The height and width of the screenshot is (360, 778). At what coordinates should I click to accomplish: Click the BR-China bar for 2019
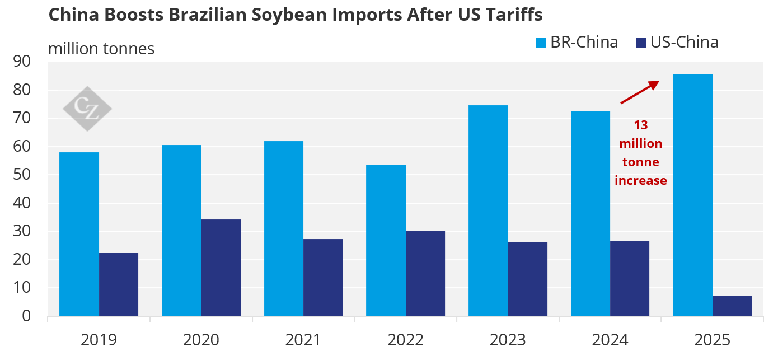coord(79,234)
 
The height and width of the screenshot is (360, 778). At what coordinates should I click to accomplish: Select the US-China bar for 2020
coord(221,268)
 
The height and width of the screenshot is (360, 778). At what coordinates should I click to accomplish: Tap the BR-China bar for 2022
coord(386,240)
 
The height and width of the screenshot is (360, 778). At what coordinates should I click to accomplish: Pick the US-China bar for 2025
coord(732,306)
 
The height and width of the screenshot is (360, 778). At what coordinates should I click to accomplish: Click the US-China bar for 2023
coord(527,279)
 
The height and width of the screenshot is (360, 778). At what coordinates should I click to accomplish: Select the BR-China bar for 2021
coord(284,228)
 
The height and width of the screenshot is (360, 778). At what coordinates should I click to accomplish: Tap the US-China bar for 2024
coord(630,278)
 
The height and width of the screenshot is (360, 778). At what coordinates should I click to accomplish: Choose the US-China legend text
coord(684,43)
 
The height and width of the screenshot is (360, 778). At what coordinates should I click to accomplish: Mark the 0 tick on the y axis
coord(27,316)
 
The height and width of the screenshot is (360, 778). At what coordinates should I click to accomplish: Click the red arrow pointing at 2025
coord(640,92)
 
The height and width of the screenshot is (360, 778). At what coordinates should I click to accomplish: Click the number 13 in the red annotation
coord(641,125)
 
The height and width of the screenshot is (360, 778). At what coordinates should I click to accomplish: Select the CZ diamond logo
coord(87,109)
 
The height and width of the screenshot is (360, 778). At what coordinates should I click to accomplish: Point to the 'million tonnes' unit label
coord(101,49)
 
